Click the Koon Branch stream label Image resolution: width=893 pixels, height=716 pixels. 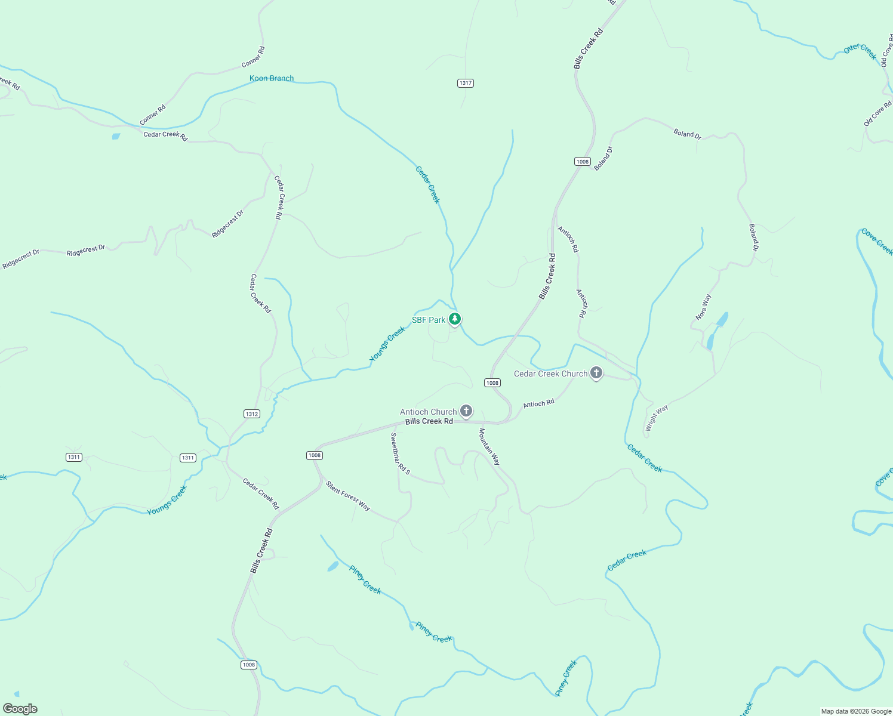272,78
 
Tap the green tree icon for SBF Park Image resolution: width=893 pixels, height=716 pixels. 455,319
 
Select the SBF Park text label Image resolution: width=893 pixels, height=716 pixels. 429,320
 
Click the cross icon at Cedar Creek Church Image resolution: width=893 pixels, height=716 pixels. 596,374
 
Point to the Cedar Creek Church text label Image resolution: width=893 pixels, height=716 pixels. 550,374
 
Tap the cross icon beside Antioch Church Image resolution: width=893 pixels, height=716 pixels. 466,411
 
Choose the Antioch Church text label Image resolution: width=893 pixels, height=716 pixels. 428,412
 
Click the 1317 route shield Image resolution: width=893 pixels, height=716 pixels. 466,83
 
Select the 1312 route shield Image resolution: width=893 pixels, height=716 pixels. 252,413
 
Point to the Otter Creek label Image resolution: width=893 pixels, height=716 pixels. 860,51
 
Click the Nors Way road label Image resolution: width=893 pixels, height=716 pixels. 704,307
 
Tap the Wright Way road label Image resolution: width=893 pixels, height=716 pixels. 657,418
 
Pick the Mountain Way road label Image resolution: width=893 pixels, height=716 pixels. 489,446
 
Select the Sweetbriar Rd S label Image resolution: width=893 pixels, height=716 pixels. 400,453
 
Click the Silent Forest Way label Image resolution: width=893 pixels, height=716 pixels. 348,496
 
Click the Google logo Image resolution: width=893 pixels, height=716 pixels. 20,709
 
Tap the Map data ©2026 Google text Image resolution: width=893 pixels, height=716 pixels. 856,711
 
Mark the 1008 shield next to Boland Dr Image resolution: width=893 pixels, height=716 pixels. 583,162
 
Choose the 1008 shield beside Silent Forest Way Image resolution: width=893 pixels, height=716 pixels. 315,455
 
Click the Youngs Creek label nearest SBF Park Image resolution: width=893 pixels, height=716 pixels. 387,344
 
